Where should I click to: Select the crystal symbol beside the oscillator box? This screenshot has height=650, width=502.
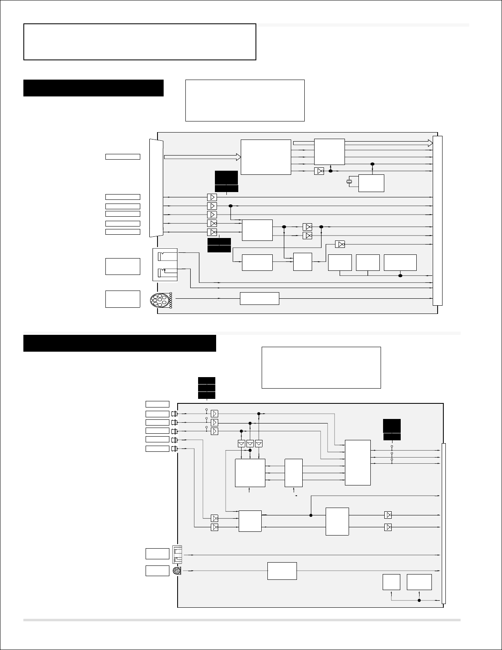[350, 181]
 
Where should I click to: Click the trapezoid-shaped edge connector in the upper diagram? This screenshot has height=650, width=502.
[157, 188]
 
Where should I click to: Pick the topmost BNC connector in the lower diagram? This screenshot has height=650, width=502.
[175, 414]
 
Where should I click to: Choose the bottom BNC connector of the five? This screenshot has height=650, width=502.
[175, 449]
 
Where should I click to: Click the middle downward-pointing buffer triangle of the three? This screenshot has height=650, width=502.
[250, 444]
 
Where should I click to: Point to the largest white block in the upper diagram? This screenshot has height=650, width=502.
[266, 157]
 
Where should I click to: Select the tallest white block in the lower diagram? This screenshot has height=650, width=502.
[358, 462]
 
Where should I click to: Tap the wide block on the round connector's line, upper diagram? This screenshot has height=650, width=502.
[259, 298]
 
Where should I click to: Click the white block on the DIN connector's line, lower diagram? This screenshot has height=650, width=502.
[282, 570]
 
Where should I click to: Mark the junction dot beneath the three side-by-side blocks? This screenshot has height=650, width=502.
[400, 275]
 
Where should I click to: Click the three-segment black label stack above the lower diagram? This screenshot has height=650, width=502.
[206, 387]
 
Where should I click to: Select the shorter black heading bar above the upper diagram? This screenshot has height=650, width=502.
[94, 88]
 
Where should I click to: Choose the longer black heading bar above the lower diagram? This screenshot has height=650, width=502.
[120, 343]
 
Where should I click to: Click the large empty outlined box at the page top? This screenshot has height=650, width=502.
[140, 42]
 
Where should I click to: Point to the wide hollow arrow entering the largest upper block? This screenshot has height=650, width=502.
[202, 156]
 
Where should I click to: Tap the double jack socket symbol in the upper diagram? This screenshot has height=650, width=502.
[165, 265]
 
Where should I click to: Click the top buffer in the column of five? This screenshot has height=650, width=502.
[212, 197]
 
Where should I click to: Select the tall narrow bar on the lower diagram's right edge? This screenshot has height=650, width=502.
[443, 523]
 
